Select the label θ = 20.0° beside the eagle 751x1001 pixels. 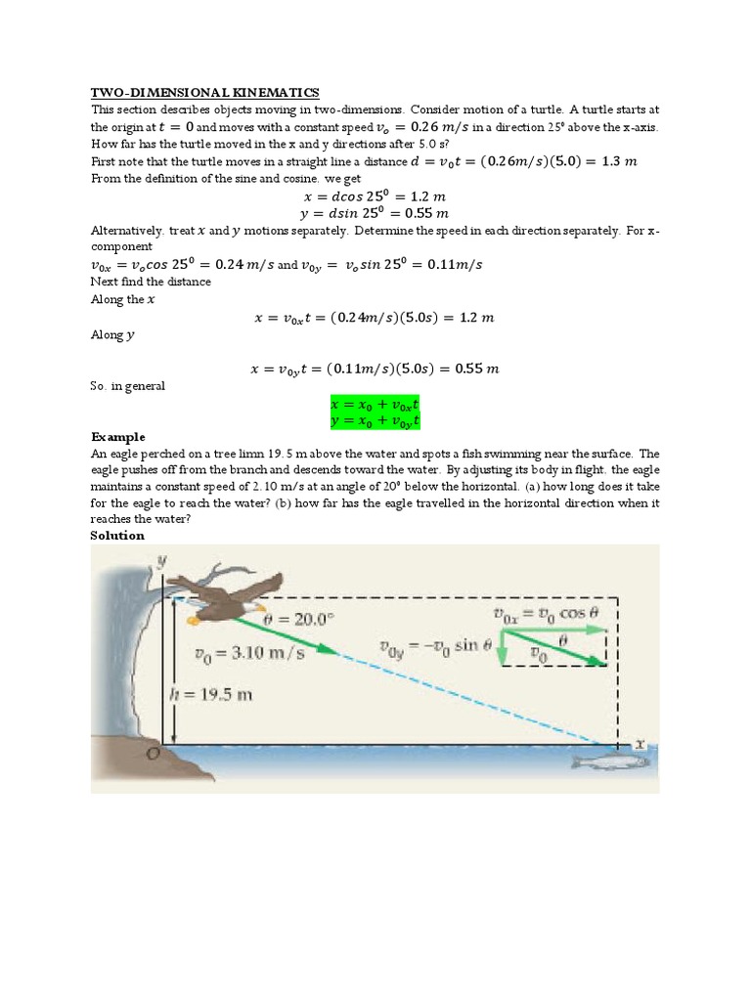click(x=298, y=620)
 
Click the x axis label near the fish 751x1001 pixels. click(x=641, y=743)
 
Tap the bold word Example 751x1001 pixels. click(x=118, y=436)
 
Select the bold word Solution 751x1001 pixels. click(x=117, y=535)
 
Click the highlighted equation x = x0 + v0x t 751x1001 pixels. click(x=375, y=404)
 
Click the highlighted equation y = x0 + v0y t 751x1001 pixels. click(x=375, y=420)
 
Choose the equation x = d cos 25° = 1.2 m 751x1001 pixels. click(x=375, y=196)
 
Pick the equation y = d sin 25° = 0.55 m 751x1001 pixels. click(x=375, y=212)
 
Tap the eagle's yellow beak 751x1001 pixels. click(x=195, y=618)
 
